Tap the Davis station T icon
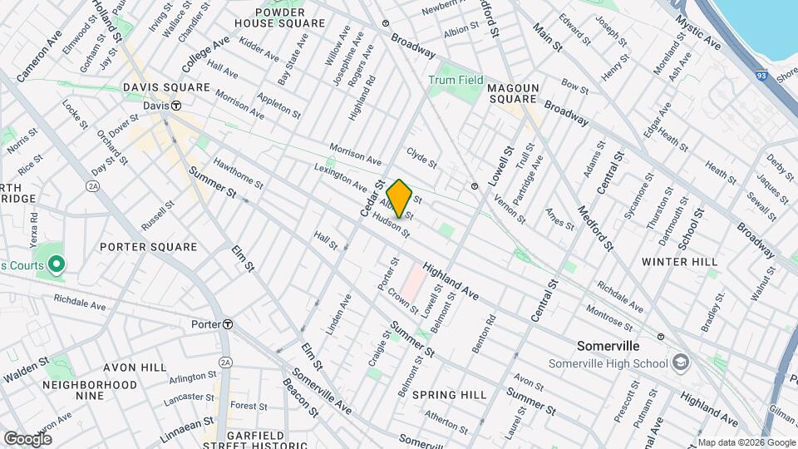(177, 106)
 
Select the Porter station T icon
(227, 323)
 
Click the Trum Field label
(456, 80)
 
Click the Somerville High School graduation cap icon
(681, 363)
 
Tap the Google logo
(27, 438)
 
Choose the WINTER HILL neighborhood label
(679, 261)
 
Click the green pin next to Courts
(57, 264)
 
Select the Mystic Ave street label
(697, 31)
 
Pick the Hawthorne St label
(238, 173)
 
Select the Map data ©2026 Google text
(745, 442)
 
